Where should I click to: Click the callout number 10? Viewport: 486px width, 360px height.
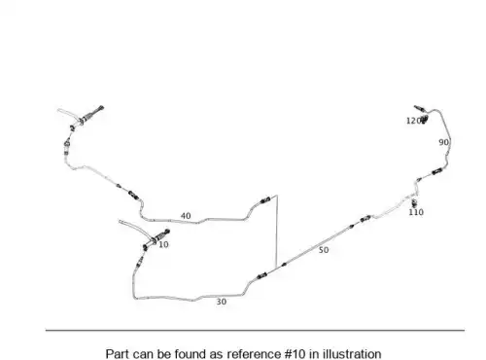[163, 244]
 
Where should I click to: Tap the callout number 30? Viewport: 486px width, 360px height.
[222, 302]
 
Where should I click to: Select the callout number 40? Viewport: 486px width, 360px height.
[186, 216]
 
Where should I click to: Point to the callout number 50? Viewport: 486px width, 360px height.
[324, 250]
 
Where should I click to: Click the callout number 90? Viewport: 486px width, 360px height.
[443, 142]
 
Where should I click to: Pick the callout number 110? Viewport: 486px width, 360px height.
[416, 212]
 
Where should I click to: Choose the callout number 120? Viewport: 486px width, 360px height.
[413, 121]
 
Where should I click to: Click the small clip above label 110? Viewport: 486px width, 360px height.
[414, 203]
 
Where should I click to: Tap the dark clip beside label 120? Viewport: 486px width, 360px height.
[424, 120]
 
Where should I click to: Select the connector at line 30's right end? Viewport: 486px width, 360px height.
[261, 276]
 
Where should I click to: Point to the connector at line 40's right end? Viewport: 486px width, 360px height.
[265, 200]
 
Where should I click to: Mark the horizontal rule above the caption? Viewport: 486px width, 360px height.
[255, 330]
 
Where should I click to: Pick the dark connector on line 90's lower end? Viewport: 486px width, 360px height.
[436, 171]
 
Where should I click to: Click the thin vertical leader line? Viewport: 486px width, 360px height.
[277, 232]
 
